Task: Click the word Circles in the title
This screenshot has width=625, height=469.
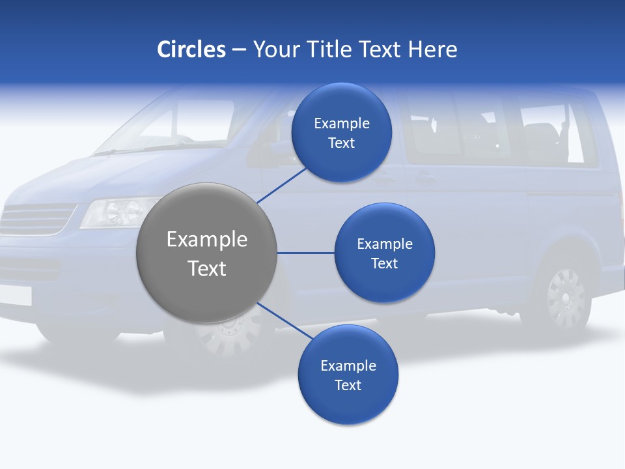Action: pyautogui.click(x=191, y=50)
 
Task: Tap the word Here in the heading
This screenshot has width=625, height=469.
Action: pyautogui.click(x=432, y=50)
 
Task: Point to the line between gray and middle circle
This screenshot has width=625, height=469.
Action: pyautogui.click(x=305, y=253)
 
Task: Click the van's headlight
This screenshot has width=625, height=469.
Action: pyautogui.click(x=117, y=212)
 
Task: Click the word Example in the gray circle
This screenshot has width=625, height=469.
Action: pyautogui.click(x=207, y=240)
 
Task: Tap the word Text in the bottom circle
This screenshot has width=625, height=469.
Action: pyautogui.click(x=348, y=385)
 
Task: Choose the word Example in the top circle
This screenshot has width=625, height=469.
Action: pyautogui.click(x=341, y=123)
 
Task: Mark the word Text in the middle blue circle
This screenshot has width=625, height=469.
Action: pyautogui.click(x=384, y=263)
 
